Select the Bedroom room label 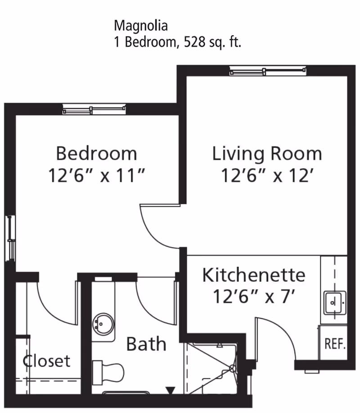click(96, 154)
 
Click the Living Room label click(267, 154)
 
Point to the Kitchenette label click(253, 275)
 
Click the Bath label click(146, 344)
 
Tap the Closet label click(47, 361)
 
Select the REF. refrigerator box click(335, 345)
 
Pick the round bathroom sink click(103, 323)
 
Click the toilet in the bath click(108, 371)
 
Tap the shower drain click(233, 368)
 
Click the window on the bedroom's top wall click(94, 109)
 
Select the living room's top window click(268, 71)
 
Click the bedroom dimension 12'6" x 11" click(96, 176)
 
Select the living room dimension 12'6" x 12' click(267, 176)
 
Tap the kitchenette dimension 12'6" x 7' click(253, 296)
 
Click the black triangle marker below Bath click(170, 390)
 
